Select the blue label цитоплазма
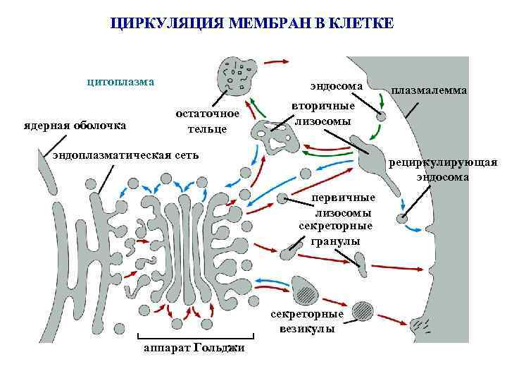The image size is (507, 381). point(120,81)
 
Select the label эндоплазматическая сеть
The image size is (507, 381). point(126,155)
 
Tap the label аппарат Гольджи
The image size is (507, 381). point(189,351)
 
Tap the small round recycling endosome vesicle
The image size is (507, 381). point(401,219)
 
